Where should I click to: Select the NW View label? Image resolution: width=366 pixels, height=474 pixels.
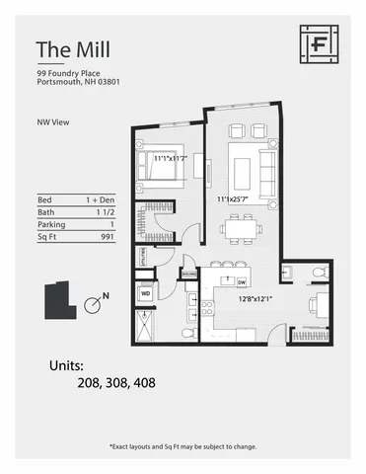pos(51,124)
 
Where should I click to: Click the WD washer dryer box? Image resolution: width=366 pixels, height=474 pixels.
pos(145,293)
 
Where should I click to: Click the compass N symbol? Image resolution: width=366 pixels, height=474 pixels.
pos(94,303)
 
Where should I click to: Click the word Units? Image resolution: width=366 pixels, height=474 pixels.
pos(72,364)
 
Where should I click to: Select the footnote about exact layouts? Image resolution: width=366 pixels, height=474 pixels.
pos(183,446)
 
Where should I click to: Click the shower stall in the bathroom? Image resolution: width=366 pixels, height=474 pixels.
pos(145,323)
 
